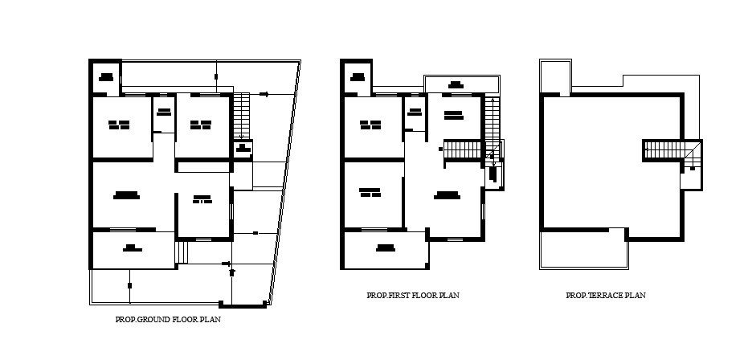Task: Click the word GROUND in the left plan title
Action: (x=157, y=320)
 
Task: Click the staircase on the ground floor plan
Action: (x=242, y=117)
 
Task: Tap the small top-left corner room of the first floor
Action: (x=358, y=77)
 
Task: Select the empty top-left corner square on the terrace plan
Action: (x=554, y=76)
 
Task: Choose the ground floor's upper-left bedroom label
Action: (x=120, y=125)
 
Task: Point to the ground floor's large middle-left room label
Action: (x=127, y=194)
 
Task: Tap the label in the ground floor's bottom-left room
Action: (x=130, y=248)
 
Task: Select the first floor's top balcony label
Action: (x=456, y=84)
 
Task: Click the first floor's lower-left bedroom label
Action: (x=370, y=191)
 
